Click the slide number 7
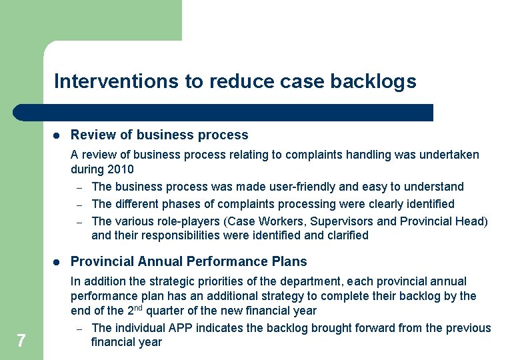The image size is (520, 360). [21, 341]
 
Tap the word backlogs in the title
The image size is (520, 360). [376, 81]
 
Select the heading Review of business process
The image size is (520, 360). [159, 135]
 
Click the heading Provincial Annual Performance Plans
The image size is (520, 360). [189, 261]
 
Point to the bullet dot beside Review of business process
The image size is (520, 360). [57, 135]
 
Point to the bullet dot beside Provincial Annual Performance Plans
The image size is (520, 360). [57, 261]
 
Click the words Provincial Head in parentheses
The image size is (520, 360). [443, 221]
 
